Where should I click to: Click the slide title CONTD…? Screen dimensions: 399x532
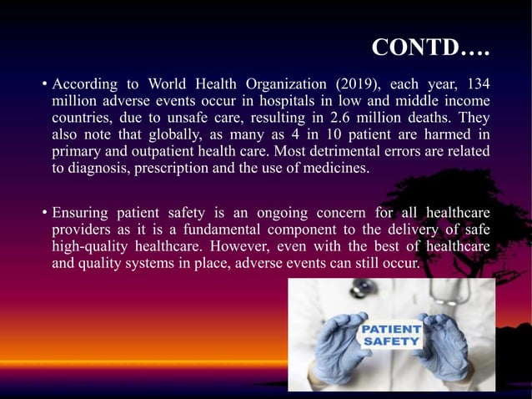tap(429, 48)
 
